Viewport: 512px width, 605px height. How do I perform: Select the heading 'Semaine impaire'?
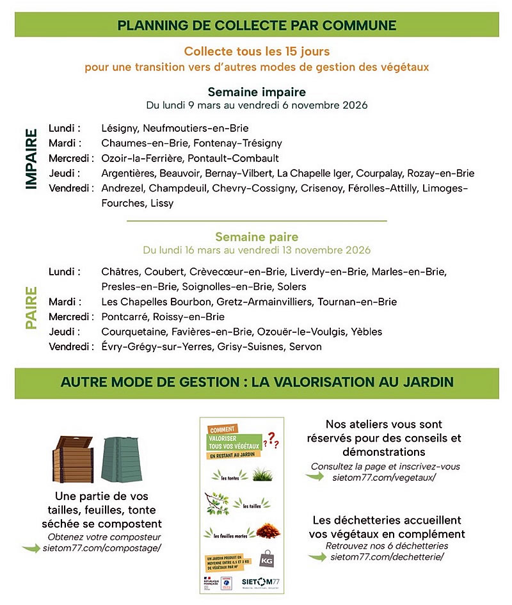257,92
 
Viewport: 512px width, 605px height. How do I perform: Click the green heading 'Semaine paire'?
257,237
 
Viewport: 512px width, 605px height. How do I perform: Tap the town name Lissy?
162,204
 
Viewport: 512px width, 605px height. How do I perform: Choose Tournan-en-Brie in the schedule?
360,302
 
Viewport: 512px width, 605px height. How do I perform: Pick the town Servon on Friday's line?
305,346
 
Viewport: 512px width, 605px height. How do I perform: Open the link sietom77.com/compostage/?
102,547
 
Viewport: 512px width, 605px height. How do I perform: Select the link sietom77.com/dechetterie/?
387,556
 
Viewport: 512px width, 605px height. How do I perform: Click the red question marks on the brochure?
273,441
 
